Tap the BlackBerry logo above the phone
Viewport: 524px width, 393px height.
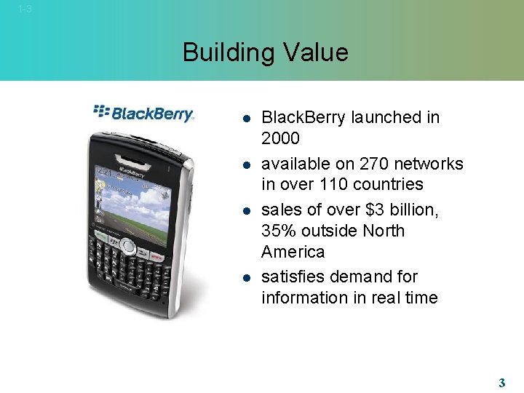[144, 113]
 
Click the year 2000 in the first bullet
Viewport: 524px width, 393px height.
[281, 138]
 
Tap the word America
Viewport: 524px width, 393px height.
[293, 252]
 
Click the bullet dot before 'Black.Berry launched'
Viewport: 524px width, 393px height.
[246, 118]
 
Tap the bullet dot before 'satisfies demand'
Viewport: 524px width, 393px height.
[246, 277]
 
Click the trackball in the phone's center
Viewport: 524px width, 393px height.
[128, 245]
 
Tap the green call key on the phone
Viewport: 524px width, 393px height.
[100, 238]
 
